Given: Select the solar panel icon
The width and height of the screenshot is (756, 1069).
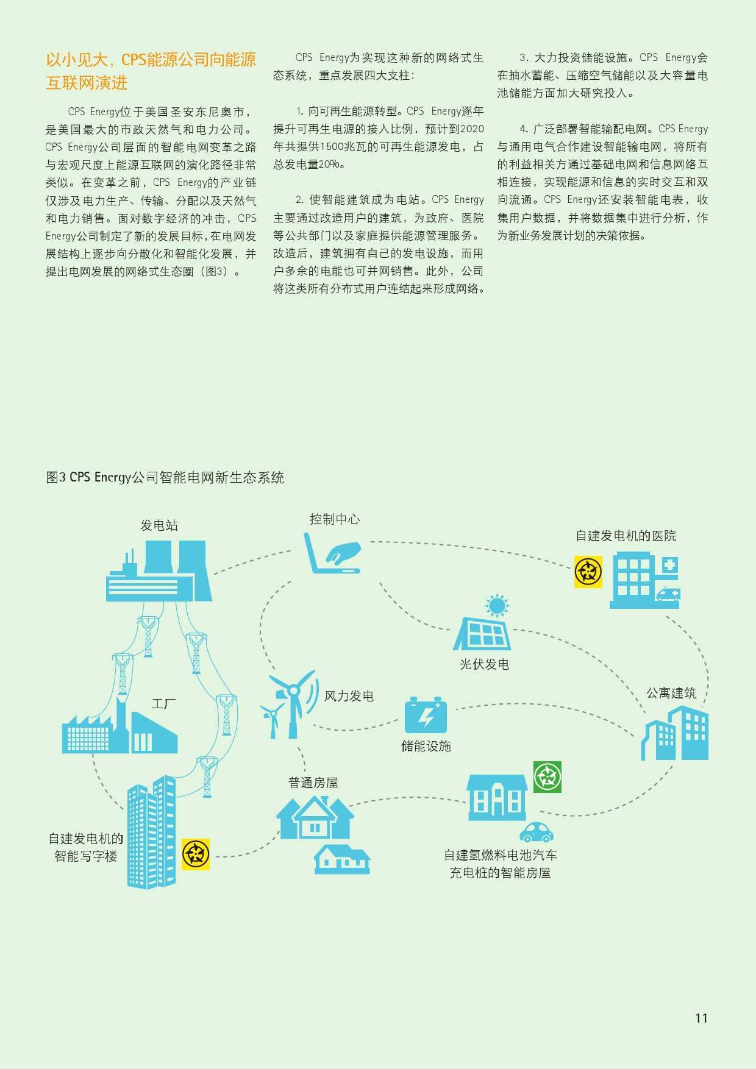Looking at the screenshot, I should [482, 634].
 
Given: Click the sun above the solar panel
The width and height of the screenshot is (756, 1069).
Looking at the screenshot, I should [496, 606].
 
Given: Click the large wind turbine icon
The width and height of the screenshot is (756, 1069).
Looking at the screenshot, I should [294, 701].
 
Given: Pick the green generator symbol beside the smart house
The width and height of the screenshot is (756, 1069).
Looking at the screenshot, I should [547, 776].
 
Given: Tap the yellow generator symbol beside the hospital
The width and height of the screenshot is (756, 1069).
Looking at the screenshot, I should [588, 572].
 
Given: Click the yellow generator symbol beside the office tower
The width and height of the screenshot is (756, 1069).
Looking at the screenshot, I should [196, 853].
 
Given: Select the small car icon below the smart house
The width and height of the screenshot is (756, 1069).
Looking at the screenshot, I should [537, 832].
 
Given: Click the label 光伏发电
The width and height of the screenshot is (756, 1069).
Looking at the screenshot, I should [484, 664].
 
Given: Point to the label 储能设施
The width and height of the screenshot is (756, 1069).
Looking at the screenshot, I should [426, 746].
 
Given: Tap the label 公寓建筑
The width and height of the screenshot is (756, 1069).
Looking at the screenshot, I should [671, 693].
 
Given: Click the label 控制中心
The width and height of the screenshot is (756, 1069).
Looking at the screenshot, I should [335, 519].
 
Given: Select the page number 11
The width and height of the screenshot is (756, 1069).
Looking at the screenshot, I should [701, 1018].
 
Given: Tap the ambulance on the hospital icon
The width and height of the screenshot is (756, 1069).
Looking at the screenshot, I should [668, 594].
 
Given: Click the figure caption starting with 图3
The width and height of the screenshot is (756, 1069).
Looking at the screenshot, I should [165, 477].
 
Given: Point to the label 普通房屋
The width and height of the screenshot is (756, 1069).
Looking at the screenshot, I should [313, 783].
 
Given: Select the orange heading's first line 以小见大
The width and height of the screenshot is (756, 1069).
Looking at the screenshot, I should [151, 60].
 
